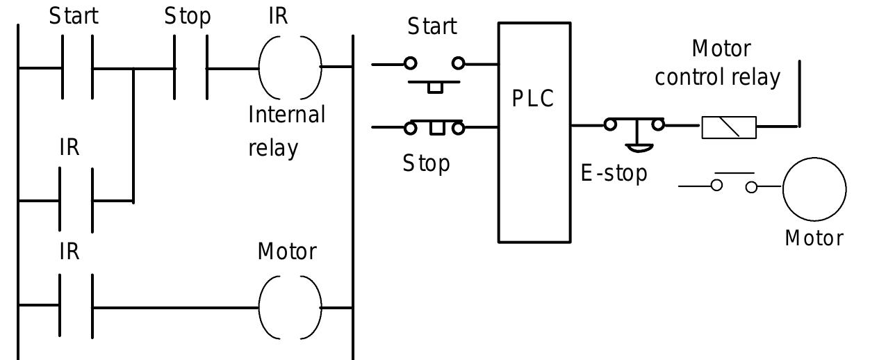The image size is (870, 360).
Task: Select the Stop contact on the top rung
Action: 190,69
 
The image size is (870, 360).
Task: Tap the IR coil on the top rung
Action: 290,68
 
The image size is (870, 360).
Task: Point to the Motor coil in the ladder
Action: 290,306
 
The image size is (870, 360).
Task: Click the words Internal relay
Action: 286,131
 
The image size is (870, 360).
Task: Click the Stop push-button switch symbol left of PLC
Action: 435,128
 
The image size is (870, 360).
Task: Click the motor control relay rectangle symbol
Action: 729,127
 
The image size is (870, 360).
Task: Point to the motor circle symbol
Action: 814,188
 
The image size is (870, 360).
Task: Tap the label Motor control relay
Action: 719,63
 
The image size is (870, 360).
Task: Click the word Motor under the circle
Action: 814,238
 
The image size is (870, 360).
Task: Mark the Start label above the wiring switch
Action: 432,27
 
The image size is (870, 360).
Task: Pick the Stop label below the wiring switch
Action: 427,164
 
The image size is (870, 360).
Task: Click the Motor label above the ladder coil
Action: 287,251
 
